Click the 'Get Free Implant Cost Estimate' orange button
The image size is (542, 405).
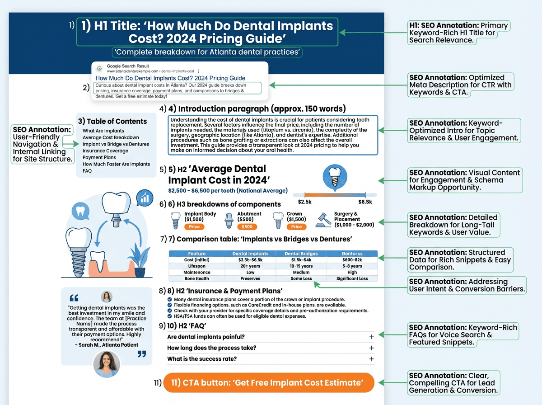(269, 383)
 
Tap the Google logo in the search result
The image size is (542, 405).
(99, 68)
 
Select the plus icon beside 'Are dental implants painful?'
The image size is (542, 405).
(371, 337)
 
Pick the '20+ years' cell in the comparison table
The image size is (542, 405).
(250, 266)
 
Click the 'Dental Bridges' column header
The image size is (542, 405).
(301, 254)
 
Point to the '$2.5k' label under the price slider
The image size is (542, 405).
(305, 201)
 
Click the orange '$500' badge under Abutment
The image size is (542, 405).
(247, 227)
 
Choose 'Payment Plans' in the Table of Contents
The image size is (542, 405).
(99, 158)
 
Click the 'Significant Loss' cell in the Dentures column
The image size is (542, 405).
(352, 278)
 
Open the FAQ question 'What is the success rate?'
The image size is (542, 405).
(202, 359)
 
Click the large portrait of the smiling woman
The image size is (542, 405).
(107, 364)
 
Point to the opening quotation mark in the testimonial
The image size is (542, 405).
(75, 298)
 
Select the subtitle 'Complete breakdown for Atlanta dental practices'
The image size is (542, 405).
(207, 52)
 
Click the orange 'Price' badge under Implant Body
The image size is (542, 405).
(194, 227)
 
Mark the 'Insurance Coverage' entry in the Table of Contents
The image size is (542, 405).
(105, 151)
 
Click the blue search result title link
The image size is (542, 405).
(170, 78)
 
